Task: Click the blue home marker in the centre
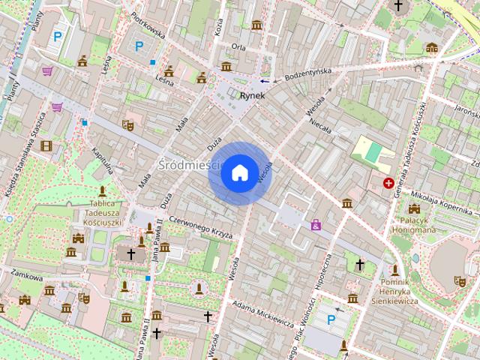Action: coord(239,172)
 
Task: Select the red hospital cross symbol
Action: coord(388,183)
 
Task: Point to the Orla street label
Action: coord(238,46)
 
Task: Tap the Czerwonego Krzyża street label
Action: coord(200,227)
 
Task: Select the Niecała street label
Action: coord(319,125)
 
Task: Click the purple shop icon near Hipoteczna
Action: coord(316,224)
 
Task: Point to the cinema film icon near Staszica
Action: coord(46,145)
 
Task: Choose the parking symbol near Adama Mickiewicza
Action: coord(331,320)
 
